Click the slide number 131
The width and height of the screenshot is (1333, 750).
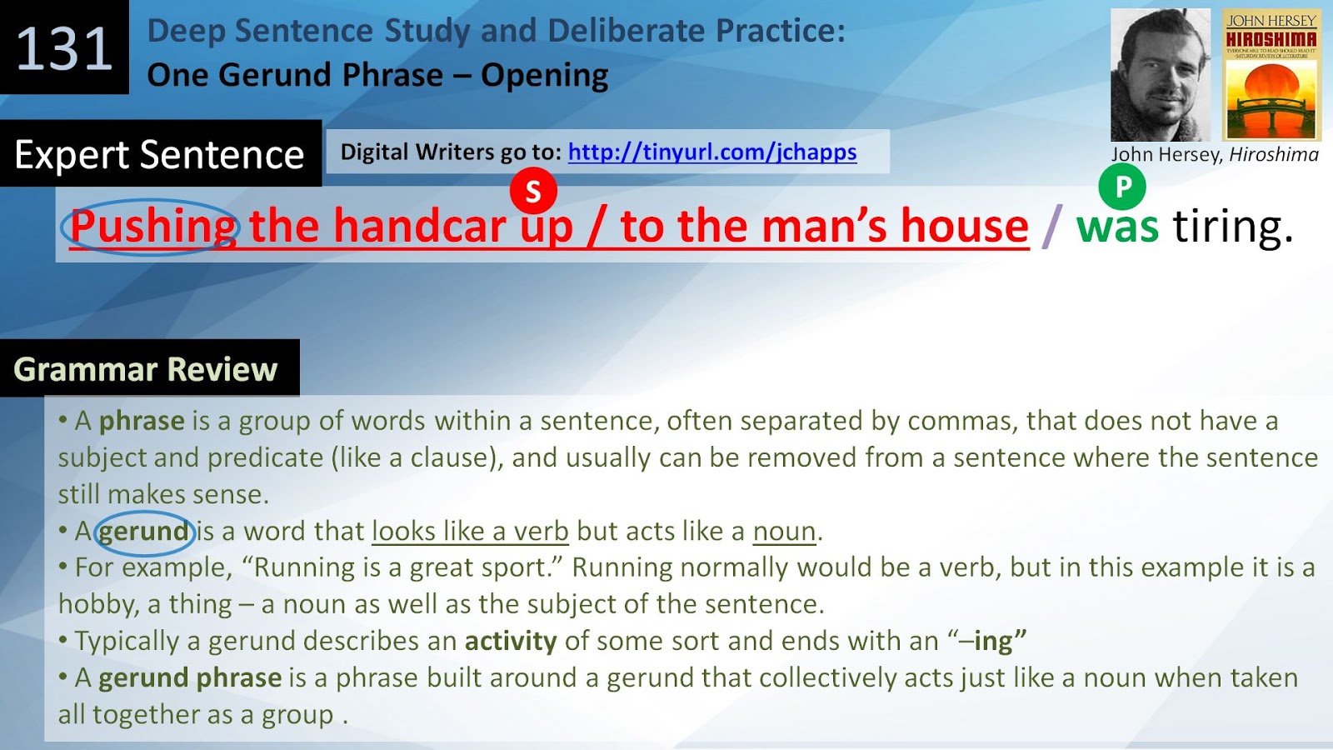tap(64, 48)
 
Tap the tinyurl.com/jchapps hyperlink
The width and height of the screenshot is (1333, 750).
tap(711, 152)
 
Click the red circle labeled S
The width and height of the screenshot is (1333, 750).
tap(533, 191)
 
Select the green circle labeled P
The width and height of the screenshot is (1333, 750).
tap(1122, 187)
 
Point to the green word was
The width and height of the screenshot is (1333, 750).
tap(1116, 227)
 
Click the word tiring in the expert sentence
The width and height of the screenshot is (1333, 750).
tap(1233, 227)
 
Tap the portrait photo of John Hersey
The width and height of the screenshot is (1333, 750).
tap(1160, 75)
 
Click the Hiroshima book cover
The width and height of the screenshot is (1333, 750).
tap(1271, 75)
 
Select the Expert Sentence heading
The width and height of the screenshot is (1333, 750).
tap(159, 154)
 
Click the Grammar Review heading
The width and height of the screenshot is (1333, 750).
tap(146, 369)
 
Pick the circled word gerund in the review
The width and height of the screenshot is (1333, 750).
tap(144, 531)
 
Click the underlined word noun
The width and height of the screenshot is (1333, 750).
tap(784, 531)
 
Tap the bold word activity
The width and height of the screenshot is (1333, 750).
tap(510, 641)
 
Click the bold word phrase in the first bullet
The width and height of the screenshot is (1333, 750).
tap(142, 421)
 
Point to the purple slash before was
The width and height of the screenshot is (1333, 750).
tap(1052, 227)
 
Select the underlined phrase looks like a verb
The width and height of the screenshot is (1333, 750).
tap(470, 531)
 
